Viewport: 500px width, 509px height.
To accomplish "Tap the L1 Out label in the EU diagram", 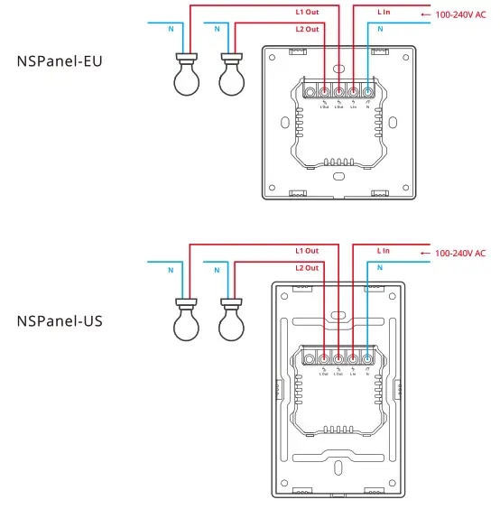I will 308,13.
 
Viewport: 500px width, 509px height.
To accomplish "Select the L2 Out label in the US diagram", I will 307,268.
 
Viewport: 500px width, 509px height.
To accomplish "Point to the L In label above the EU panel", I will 383,13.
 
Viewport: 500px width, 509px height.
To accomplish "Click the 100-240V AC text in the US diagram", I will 460,254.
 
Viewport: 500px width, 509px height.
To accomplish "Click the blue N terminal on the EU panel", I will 367,91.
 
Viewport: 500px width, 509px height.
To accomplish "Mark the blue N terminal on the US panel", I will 367,358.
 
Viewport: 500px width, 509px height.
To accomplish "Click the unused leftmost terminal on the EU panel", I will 310,91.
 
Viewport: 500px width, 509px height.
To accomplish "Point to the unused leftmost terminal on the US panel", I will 310,358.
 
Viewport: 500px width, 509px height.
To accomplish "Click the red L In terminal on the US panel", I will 353,358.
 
